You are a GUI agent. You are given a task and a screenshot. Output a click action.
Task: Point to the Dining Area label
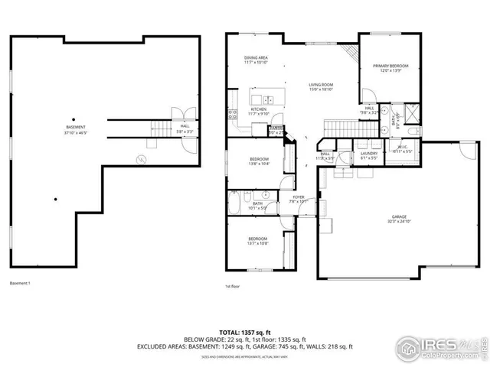click(256, 60)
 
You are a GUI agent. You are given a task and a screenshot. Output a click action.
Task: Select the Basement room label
click(75, 128)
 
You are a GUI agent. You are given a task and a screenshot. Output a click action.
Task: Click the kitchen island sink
click(268, 99)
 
